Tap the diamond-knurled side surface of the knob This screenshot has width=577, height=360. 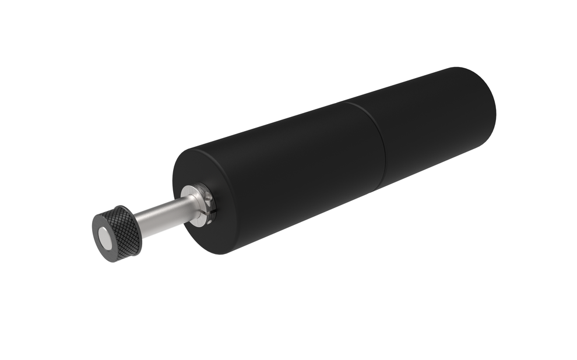click(124, 230)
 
